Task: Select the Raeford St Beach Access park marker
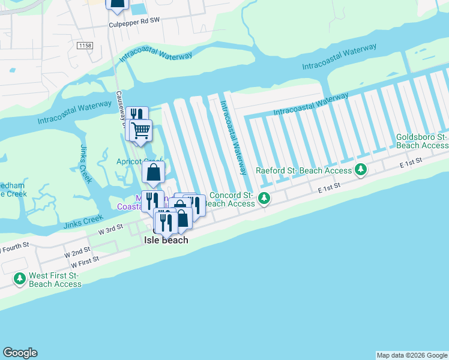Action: (x=361, y=170)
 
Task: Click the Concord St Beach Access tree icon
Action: (x=263, y=199)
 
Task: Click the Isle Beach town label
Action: (x=166, y=240)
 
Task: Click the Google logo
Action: (x=20, y=353)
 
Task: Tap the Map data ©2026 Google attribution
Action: (x=412, y=355)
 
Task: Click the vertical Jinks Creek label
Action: (x=84, y=163)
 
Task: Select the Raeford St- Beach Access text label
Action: (x=304, y=170)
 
